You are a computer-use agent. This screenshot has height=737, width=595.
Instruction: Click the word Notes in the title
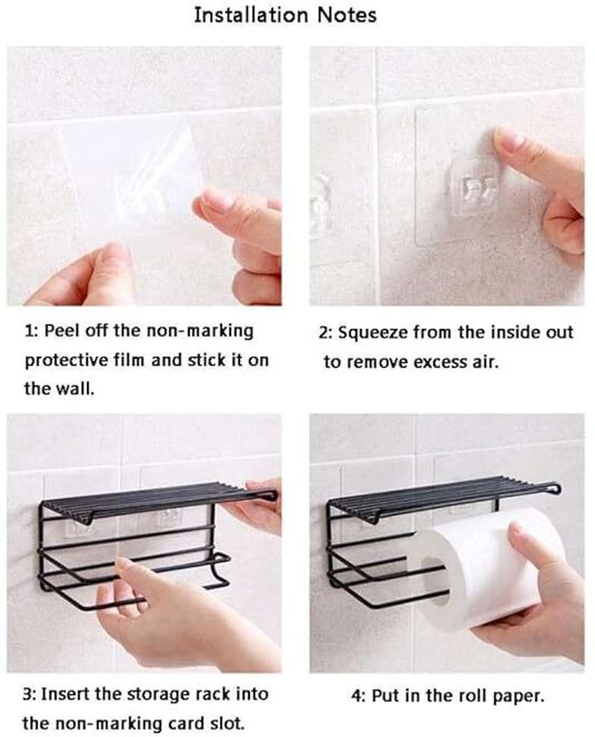click(x=346, y=15)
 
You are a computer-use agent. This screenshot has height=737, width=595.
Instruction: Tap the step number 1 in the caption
click(x=30, y=331)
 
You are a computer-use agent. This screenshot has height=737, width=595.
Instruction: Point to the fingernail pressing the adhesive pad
click(x=506, y=140)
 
